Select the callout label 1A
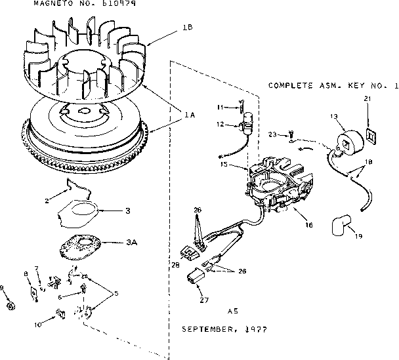point(189,115)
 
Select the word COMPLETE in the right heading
point(291,86)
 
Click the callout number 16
point(308,225)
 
